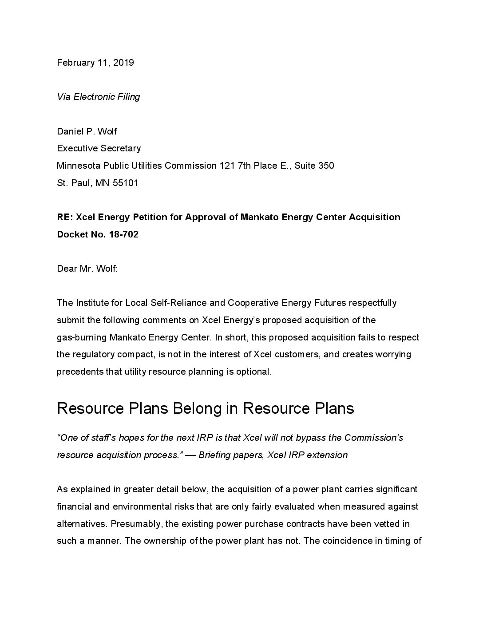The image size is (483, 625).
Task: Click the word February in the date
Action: point(74,63)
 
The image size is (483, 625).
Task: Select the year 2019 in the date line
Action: point(123,63)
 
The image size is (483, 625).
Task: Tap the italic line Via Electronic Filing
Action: point(99,97)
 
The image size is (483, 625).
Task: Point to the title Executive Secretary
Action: point(99,148)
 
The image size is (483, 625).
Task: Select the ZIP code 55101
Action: point(126,182)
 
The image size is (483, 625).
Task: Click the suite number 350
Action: point(326,166)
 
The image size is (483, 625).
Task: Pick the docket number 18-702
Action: point(123,234)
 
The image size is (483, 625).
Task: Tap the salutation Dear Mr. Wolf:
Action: point(87,269)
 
